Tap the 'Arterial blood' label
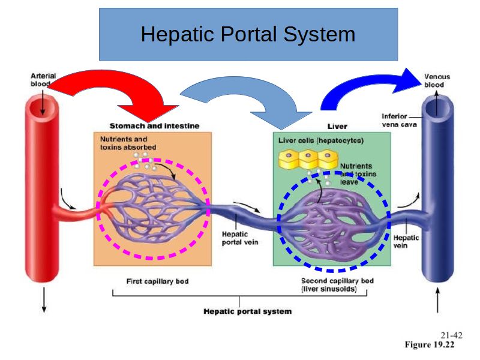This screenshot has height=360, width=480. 43,80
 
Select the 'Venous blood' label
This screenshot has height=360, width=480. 437,81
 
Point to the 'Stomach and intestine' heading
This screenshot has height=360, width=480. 154,126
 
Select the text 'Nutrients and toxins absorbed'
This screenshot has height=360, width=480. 127,143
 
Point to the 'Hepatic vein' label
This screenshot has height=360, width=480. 406,241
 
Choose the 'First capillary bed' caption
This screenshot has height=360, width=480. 157,281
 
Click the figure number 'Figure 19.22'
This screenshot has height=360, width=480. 430,345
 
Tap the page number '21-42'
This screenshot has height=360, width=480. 451,335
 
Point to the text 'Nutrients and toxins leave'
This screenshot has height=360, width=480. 357,173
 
